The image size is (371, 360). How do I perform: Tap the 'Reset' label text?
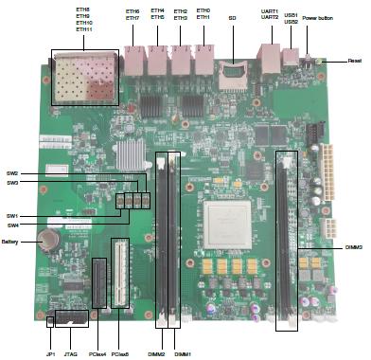pos(355,61)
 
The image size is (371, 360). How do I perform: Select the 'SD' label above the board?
pos(232,17)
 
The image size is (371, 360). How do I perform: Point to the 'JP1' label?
pos(50,352)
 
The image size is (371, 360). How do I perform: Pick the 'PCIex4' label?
pos(97,352)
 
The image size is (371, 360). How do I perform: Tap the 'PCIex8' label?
pos(120,352)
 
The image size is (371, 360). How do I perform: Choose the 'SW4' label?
pos(13,225)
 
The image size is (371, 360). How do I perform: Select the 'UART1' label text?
pos(270,9)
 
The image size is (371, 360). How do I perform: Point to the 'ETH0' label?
pos(203,9)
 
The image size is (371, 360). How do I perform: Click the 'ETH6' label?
pos(132,10)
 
